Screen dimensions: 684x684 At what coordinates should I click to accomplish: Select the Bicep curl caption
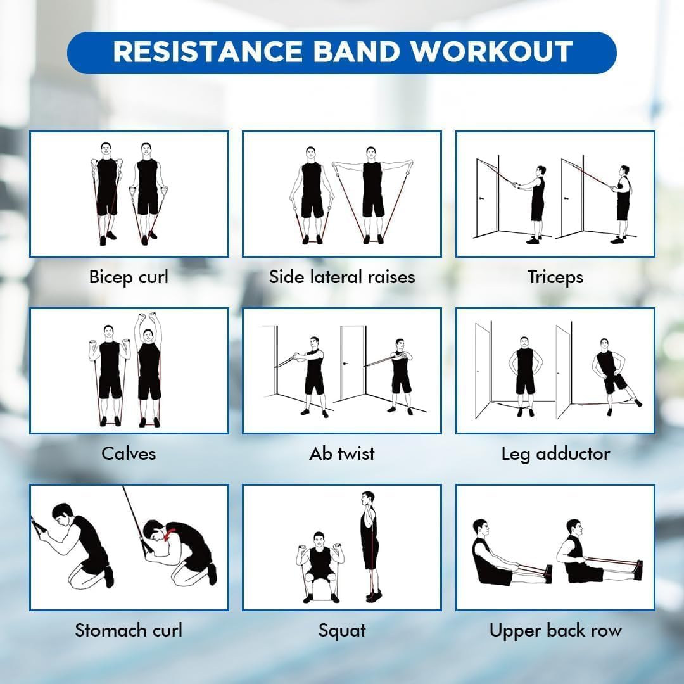click(129, 277)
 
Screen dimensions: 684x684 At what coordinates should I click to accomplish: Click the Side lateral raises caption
click(342, 277)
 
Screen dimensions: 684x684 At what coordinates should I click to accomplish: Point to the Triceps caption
click(555, 277)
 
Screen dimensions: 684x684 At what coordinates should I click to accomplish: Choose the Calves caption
click(129, 453)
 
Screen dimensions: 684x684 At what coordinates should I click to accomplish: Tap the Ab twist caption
click(342, 453)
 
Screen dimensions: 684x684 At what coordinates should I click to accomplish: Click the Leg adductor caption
click(555, 453)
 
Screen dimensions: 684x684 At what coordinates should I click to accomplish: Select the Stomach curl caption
click(129, 630)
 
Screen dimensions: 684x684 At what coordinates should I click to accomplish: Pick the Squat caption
click(342, 630)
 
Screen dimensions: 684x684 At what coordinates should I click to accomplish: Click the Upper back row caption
click(555, 630)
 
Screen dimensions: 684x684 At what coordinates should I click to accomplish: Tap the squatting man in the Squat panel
click(320, 564)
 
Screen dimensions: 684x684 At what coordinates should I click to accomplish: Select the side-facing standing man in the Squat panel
click(369, 545)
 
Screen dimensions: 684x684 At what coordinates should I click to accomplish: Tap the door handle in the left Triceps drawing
click(483, 197)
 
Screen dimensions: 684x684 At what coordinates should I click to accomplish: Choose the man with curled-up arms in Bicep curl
click(106, 190)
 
